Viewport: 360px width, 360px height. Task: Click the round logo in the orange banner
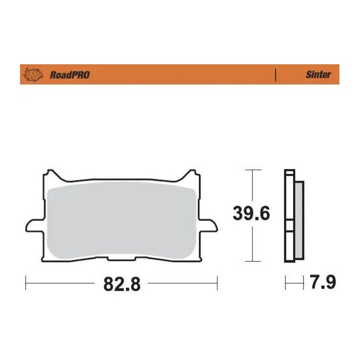pyautogui.click(x=32, y=75)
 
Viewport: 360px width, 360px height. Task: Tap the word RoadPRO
pyautogui.click(x=69, y=75)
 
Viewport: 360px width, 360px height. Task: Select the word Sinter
pyautogui.click(x=318, y=75)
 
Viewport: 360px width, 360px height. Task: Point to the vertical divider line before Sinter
pyautogui.click(x=276, y=75)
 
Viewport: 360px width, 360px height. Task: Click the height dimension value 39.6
pyautogui.click(x=251, y=213)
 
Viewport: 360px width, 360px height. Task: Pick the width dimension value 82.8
pyautogui.click(x=122, y=283)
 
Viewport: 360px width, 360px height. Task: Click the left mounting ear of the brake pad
pyautogui.click(x=32, y=226)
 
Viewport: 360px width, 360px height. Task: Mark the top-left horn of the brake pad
pyautogui.click(x=50, y=173)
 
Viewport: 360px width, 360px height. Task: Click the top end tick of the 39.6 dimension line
pyautogui.click(x=252, y=170)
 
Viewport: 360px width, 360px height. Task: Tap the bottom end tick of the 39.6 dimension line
pyautogui.click(x=252, y=261)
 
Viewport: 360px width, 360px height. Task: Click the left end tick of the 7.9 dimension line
pyautogui.click(x=286, y=282)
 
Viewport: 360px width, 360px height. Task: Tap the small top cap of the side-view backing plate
pyautogui.click(x=290, y=172)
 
